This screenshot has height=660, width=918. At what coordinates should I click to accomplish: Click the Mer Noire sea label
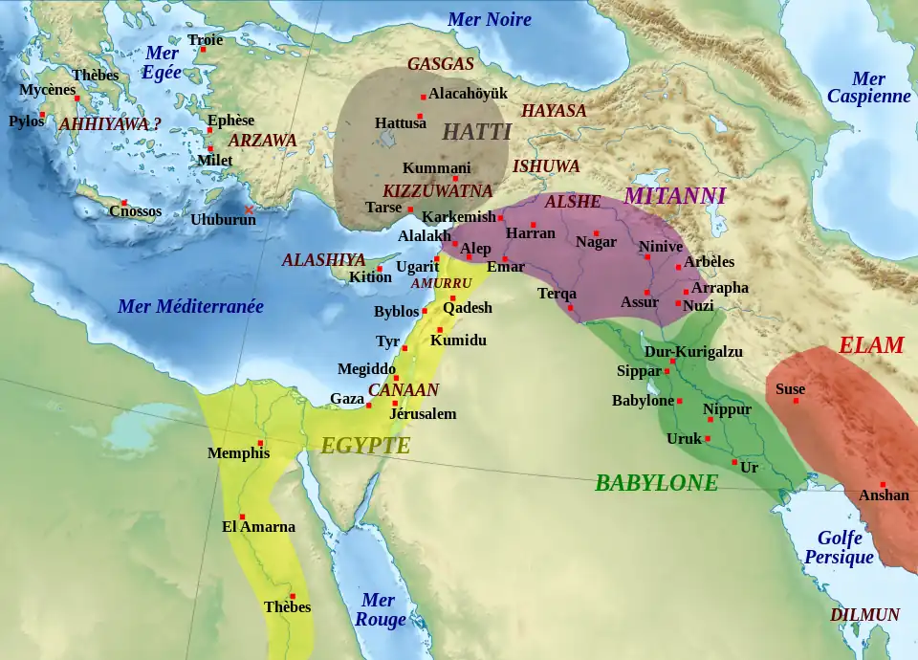click(x=490, y=19)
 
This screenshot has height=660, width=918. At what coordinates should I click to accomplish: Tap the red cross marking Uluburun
click(x=250, y=209)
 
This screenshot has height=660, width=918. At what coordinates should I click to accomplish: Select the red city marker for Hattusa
click(x=420, y=116)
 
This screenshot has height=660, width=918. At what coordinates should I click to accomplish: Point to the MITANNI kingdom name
click(x=675, y=195)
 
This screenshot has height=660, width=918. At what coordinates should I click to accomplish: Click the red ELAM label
click(x=870, y=345)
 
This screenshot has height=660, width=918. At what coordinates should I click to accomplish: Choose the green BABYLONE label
click(x=656, y=483)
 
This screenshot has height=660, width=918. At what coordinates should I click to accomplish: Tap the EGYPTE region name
click(x=365, y=446)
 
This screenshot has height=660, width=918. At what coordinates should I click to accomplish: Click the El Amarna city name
click(x=258, y=527)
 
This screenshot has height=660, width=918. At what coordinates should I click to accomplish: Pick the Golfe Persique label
click(x=839, y=548)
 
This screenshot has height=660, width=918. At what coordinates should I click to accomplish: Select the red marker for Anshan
click(x=882, y=484)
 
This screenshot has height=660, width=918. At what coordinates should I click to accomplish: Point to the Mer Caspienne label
click(x=868, y=88)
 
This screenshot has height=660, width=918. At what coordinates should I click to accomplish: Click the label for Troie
click(x=205, y=40)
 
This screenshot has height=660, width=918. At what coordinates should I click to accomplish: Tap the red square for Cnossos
click(x=124, y=202)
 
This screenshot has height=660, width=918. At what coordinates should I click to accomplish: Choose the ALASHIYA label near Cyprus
click(x=323, y=259)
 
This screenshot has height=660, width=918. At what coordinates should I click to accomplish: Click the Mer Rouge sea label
click(x=379, y=609)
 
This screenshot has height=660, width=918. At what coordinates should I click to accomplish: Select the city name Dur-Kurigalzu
click(x=693, y=352)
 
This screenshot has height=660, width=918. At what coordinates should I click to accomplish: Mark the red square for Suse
click(x=796, y=400)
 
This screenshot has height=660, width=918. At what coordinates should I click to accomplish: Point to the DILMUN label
click(x=864, y=615)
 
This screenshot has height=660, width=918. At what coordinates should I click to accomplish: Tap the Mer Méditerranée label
click(x=189, y=307)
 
